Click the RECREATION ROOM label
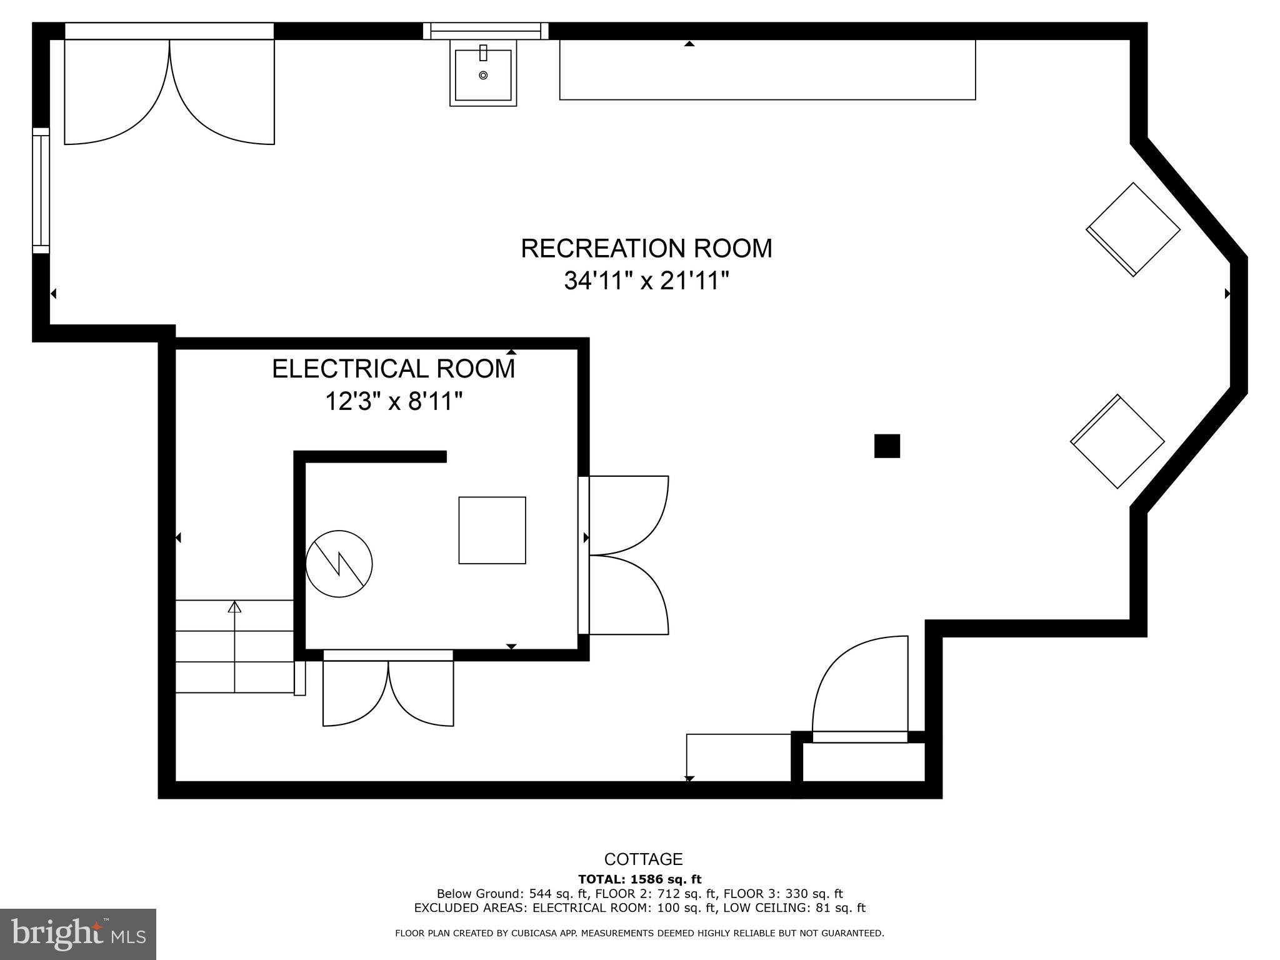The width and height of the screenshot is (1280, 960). pyautogui.click(x=646, y=248)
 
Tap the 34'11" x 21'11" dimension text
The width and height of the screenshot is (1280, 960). pyautogui.click(x=647, y=281)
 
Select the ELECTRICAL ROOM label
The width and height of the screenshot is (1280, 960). pyautogui.click(x=394, y=369)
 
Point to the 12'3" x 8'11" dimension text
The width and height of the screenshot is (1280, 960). pyautogui.click(x=394, y=401)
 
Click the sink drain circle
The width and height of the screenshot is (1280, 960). pyautogui.click(x=483, y=76)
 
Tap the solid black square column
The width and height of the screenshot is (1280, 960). pyautogui.click(x=887, y=446)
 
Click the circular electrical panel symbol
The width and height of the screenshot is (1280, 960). pyautogui.click(x=339, y=564)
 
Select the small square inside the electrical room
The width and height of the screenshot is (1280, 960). pyautogui.click(x=492, y=530)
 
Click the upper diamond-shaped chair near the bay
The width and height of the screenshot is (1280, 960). pyautogui.click(x=1133, y=229)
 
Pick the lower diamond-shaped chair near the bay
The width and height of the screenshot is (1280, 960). pyautogui.click(x=1117, y=441)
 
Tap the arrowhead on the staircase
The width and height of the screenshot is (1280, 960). pyautogui.click(x=234, y=606)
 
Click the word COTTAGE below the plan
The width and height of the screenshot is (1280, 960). pyautogui.click(x=643, y=859)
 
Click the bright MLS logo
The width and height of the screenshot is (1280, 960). pyautogui.click(x=78, y=934)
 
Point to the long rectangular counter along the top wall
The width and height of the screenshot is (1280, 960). pyautogui.click(x=767, y=69)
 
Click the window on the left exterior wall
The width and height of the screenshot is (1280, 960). pyautogui.click(x=41, y=191)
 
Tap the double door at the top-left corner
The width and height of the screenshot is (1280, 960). pyautogui.click(x=169, y=91)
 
